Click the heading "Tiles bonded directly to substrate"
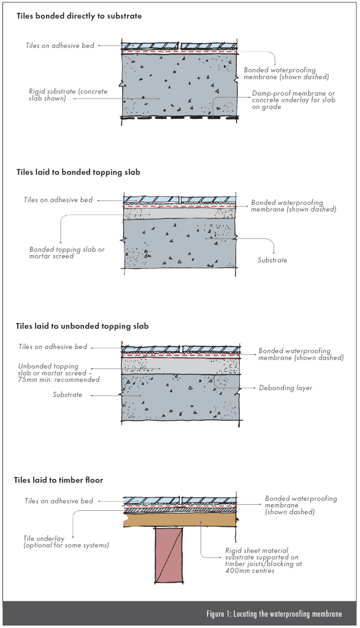click(x=79, y=16)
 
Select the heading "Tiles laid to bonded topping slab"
click(x=78, y=172)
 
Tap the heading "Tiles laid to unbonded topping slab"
click(x=82, y=326)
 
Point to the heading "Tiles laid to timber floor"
click(x=58, y=480)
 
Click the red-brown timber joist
click(x=169, y=554)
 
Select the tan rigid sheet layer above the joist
click(x=180, y=519)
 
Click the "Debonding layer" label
click(x=286, y=388)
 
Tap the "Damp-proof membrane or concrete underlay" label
click(x=293, y=100)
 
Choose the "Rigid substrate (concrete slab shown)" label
click(x=68, y=94)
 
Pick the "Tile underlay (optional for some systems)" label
click(x=66, y=542)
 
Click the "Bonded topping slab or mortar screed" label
click(x=67, y=252)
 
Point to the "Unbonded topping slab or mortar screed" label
click(x=59, y=373)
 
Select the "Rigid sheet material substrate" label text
click(x=264, y=561)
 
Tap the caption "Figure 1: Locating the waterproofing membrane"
click(x=274, y=614)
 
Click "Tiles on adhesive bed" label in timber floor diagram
click(x=59, y=501)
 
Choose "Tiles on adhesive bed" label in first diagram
click(x=60, y=45)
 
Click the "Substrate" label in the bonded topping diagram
click(x=272, y=260)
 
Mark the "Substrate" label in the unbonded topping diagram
click(x=67, y=394)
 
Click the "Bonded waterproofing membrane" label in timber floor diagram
click(x=301, y=505)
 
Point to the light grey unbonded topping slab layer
click(x=180, y=366)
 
